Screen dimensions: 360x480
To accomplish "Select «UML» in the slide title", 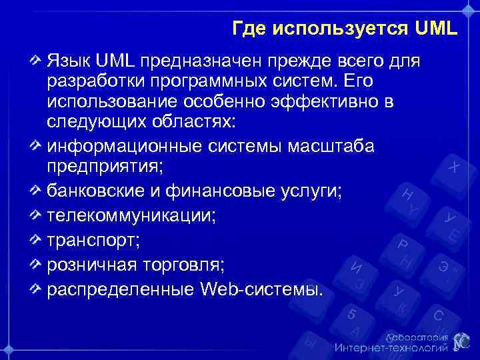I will (x=436, y=29).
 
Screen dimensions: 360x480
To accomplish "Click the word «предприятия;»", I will (x=98, y=166).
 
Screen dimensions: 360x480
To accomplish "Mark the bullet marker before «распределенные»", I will (x=37, y=289).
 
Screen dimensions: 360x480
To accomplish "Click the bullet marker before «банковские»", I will (x=37, y=192).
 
